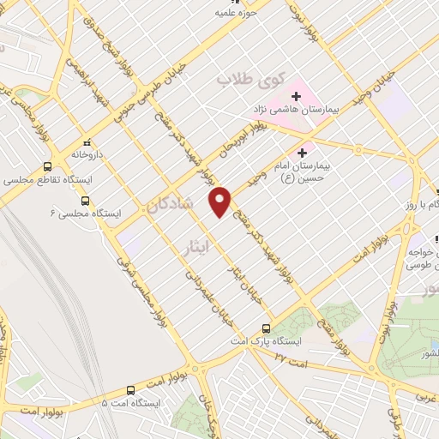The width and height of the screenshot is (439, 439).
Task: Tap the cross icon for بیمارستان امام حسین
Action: (x=302, y=152)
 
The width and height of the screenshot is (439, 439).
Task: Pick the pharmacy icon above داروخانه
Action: (x=86, y=143)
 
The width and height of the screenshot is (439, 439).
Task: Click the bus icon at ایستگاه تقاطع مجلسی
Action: (x=46, y=166)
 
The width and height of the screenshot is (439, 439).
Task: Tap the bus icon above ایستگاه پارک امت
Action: (x=266, y=328)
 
